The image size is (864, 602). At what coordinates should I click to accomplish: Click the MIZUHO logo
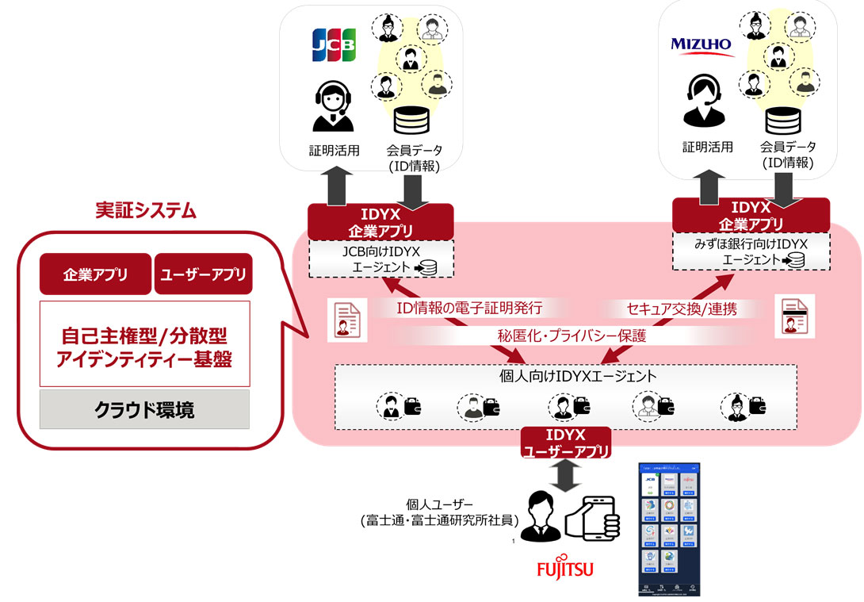(701, 44)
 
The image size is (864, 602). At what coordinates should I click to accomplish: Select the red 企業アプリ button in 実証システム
(95, 274)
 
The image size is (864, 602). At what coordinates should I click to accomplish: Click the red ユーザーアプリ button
(203, 274)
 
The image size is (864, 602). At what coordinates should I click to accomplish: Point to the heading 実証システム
(145, 211)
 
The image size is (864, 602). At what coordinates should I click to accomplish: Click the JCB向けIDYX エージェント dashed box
(380, 259)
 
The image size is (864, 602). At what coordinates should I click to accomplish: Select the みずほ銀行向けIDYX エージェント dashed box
(751, 252)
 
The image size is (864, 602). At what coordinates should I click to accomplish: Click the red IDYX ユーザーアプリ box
(566, 443)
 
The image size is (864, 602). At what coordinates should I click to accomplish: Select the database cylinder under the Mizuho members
(787, 121)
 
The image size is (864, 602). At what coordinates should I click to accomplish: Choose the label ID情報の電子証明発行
(470, 308)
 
